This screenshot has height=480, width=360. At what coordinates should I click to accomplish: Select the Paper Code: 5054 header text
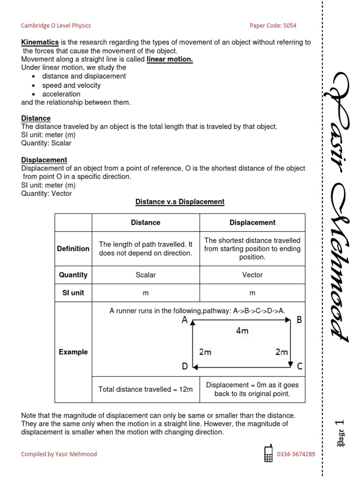click(x=273, y=26)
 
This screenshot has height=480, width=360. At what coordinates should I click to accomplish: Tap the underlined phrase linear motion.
click(x=170, y=59)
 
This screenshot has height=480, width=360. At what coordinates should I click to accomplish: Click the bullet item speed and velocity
click(x=71, y=85)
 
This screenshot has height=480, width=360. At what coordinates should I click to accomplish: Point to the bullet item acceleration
click(x=61, y=94)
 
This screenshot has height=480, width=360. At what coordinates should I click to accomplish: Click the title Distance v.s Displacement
click(x=180, y=202)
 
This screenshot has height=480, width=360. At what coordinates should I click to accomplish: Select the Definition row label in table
click(x=73, y=248)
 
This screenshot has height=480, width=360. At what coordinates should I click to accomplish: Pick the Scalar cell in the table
click(x=145, y=275)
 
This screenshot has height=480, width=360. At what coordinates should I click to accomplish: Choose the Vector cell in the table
click(x=252, y=275)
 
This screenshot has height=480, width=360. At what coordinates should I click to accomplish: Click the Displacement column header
click(x=252, y=223)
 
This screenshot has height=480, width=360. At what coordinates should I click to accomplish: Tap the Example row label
click(x=73, y=352)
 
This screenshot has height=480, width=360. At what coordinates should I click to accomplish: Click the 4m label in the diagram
click(x=242, y=331)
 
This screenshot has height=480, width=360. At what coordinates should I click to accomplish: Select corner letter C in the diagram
click(x=300, y=366)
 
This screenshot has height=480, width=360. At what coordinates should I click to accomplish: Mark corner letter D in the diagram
click(x=185, y=366)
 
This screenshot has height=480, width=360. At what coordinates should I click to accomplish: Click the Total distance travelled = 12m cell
click(x=145, y=389)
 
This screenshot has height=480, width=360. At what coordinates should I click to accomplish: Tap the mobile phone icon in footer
click(x=269, y=454)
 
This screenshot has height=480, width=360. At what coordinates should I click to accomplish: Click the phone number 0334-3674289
click(x=296, y=454)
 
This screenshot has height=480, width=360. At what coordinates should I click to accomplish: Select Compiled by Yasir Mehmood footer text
click(x=59, y=454)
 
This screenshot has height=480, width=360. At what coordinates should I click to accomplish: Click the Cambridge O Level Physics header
click(x=56, y=26)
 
